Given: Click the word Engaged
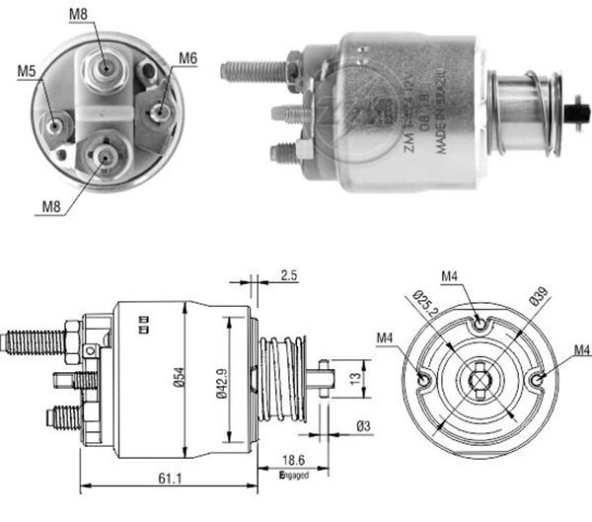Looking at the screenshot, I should click(294, 475).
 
